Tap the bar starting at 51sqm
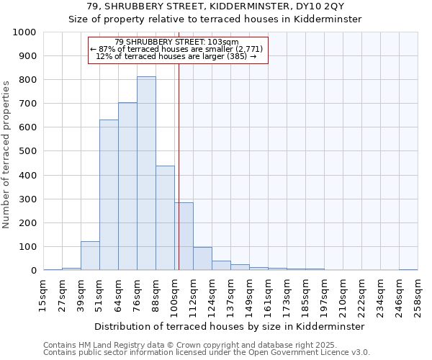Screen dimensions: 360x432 (109, 194)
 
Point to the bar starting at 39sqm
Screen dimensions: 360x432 (90, 256)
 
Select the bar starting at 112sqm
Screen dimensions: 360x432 (202, 258)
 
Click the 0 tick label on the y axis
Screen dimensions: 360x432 (33, 271)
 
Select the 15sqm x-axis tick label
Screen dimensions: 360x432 (43, 294)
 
